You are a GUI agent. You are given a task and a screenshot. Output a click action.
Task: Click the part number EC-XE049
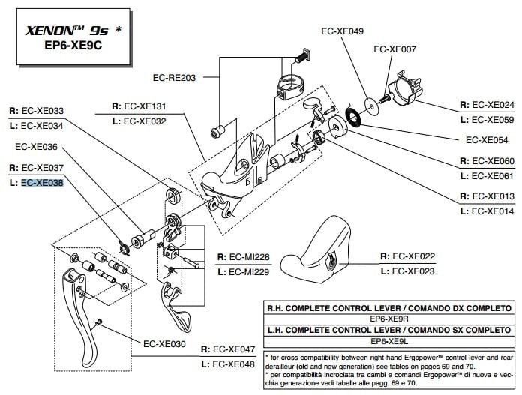[342, 31]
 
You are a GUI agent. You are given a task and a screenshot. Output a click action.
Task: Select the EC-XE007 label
[394, 50]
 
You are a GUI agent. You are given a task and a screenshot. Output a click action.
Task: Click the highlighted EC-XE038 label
[42, 182]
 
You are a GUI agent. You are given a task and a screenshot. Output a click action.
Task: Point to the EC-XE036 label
[36, 147]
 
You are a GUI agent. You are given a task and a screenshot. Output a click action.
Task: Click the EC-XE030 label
[163, 344]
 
